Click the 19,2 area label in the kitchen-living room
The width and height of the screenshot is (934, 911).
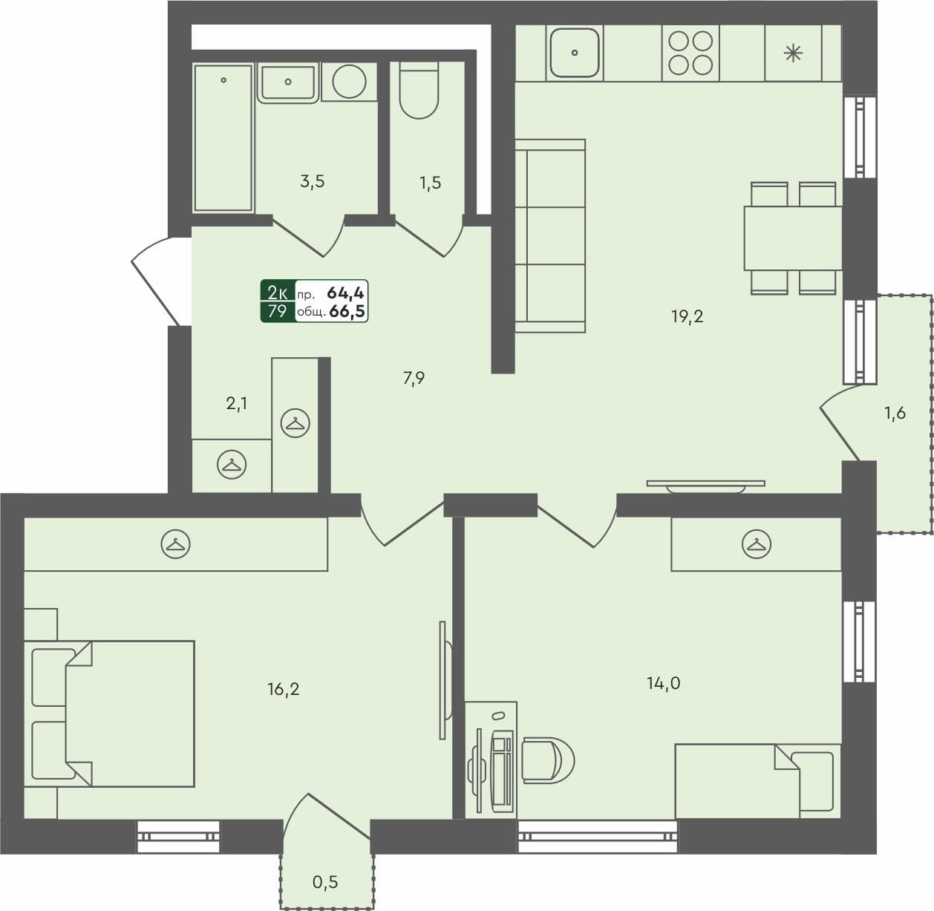pyautogui.click(x=687, y=317)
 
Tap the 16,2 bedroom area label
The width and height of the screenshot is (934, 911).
pyautogui.click(x=284, y=690)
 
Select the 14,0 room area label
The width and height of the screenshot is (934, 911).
pyautogui.click(x=663, y=683)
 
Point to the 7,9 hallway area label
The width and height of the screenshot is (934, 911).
pyautogui.click(x=414, y=379)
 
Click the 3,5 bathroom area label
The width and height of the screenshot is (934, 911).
pyautogui.click(x=313, y=182)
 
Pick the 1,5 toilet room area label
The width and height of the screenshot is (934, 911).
pyautogui.click(x=430, y=183)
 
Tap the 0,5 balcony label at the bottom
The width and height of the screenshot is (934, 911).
pyautogui.click(x=325, y=882)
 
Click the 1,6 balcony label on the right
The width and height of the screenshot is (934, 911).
pyautogui.click(x=895, y=414)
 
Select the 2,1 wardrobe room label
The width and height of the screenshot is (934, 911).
pyautogui.click(x=236, y=404)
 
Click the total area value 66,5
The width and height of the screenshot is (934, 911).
pyautogui.click(x=347, y=312)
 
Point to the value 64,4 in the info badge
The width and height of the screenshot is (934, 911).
pyautogui.click(x=345, y=293)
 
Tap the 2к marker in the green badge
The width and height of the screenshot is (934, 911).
pyautogui.click(x=278, y=292)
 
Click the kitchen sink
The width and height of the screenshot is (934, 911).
pyautogui.click(x=574, y=52)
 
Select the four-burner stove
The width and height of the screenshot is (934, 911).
pyautogui.click(x=690, y=52)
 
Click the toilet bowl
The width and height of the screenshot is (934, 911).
pyautogui.click(x=419, y=93)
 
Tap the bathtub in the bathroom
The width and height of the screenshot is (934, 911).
pyautogui.click(x=223, y=137)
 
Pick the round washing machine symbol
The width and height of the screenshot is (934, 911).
pyautogui.click(x=349, y=81)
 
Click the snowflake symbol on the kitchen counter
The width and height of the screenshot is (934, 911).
pyautogui.click(x=793, y=53)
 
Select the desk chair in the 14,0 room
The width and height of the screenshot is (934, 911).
pyautogui.click(x=547, y=760)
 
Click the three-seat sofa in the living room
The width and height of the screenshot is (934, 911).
pyautogui.click(x=549, y=235)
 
